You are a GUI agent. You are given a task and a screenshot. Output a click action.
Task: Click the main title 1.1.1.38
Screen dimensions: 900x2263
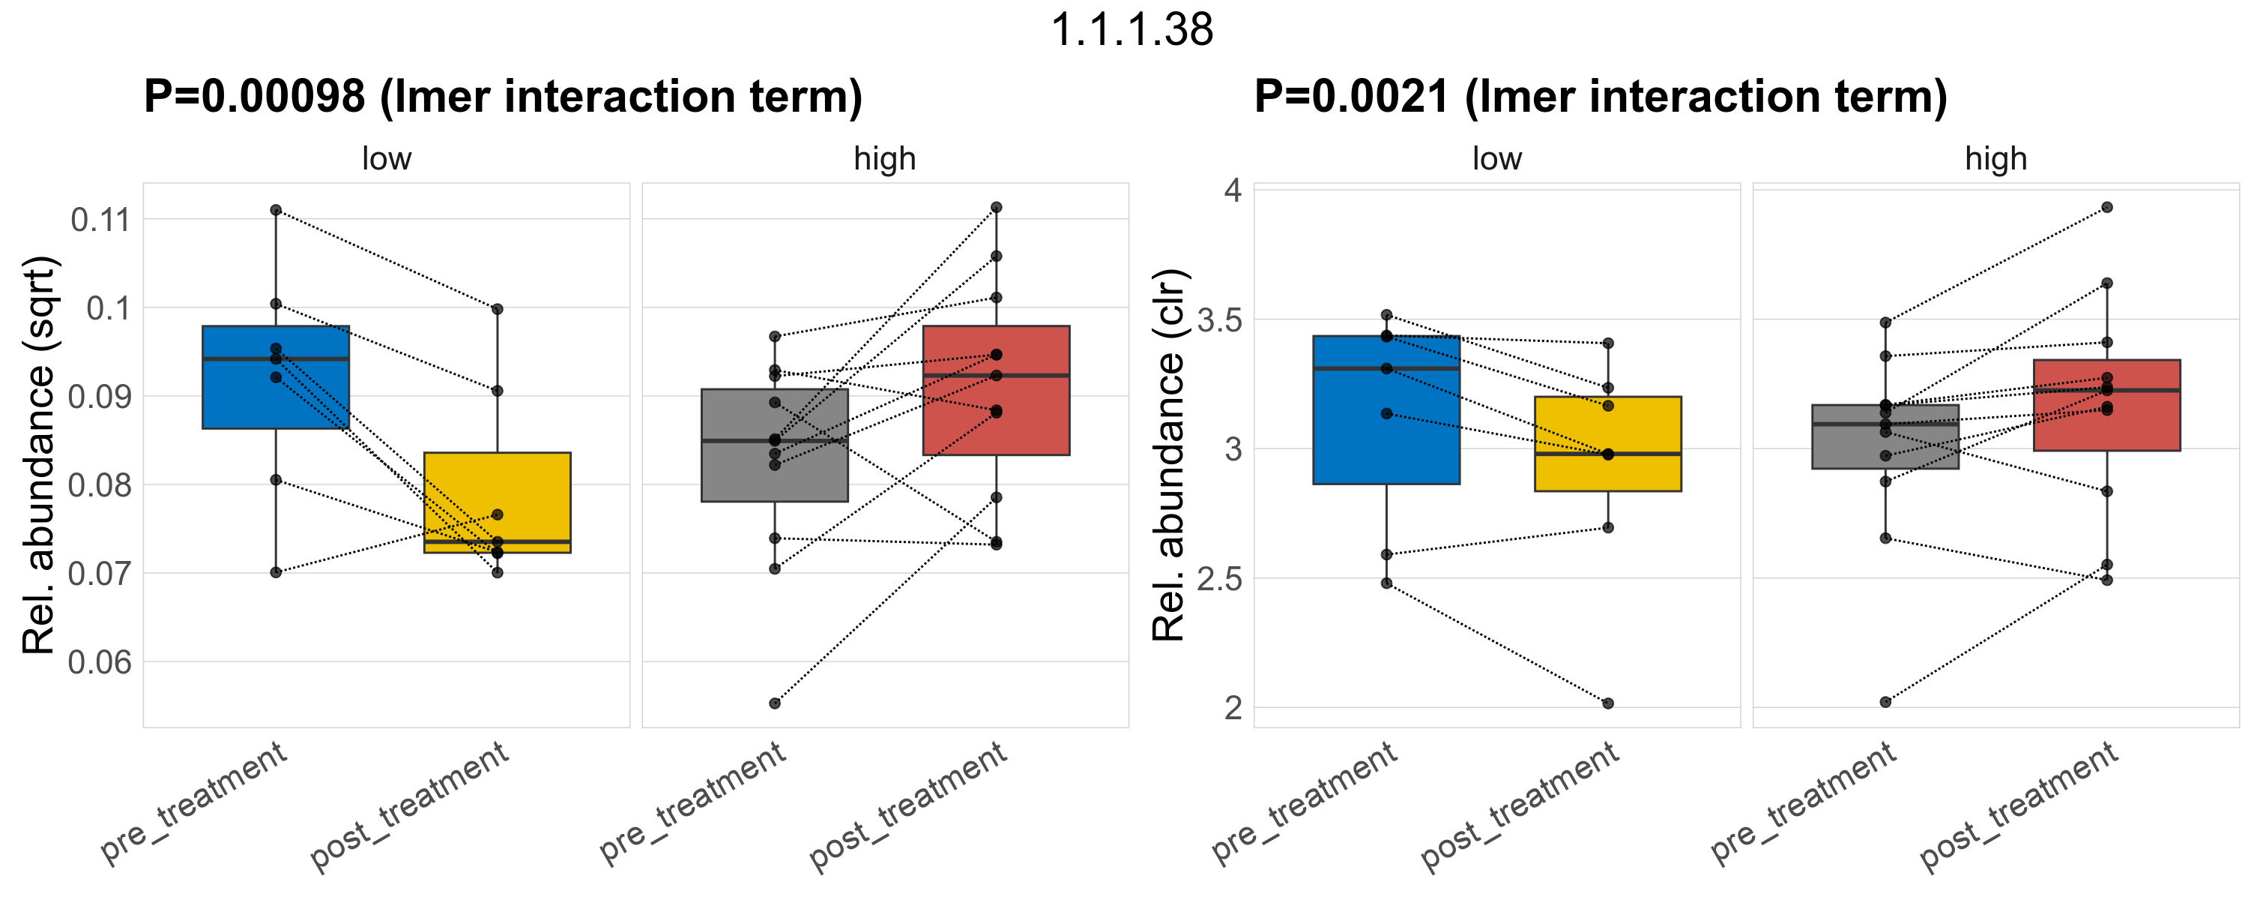pyautogui.click(x=1131, y=30)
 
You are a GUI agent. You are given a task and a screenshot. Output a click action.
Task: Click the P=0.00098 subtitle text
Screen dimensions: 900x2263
pyautogui.click(x=503, y=96)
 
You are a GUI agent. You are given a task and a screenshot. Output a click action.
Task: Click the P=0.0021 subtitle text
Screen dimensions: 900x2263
pyautogui.click(x=1600, y=96)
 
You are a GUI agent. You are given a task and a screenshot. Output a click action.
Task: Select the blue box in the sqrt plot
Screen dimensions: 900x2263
pyautogui.click(x=276, y=395)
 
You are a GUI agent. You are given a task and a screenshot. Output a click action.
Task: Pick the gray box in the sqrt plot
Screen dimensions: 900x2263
pyautogui.click(x=774, y=475)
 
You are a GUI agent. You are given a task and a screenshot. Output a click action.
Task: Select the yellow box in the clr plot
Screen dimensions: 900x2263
pyautogui.click(x=1607, y=430)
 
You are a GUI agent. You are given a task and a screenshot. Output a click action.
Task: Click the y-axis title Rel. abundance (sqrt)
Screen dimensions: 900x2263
pyautogui.click(x=39, y=454)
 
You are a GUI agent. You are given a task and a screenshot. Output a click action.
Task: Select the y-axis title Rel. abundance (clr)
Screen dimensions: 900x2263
pyautogui.click(x=1168, y=454)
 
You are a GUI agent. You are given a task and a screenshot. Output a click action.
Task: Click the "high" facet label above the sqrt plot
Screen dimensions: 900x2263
pyautogui.click(x=885, y=159)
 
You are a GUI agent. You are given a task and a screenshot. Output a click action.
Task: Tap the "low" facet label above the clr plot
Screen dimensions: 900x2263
pyautogui.click(x=1497, y=159)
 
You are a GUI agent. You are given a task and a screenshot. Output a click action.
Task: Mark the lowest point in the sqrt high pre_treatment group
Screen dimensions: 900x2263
pyautogui.click(x=775, y=703)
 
